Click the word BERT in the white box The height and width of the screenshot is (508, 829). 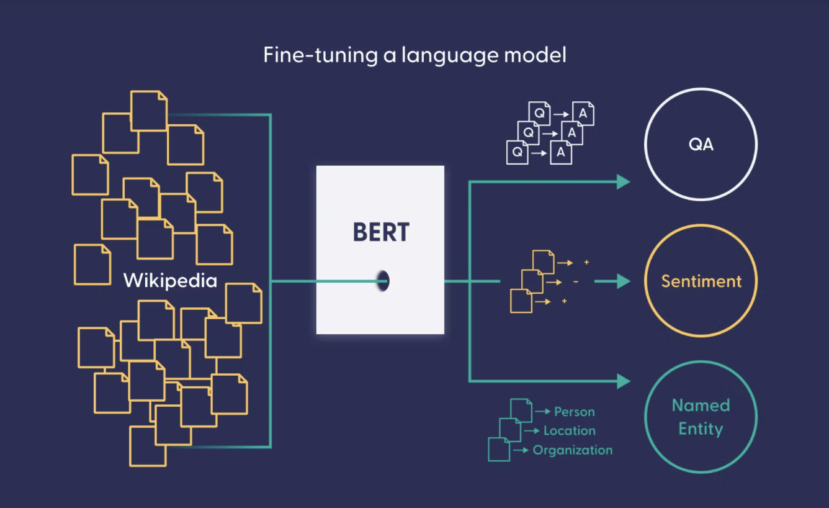click(x=381, y=232)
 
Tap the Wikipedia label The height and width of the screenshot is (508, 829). click(x=170, y=280)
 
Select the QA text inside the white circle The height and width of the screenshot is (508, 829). click(x=701, y=145)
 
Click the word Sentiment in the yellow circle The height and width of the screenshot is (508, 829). click(x=701, y=281)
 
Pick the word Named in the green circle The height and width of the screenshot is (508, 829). click(x=701, y=406)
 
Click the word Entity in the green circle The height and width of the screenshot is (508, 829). click(x=701, y=429)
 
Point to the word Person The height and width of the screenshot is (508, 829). click(x=574, y=412)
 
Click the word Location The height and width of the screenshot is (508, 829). click(x=569, y=430)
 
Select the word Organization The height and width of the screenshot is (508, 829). click(x=572, y=450)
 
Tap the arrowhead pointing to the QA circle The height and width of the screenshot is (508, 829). click(x=622, y=181)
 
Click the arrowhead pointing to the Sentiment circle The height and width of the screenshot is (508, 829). click(x=622, y=281)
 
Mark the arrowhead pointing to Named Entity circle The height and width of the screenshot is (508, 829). click(x=622, y=381)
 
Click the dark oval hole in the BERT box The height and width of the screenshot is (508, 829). click(x=383, y=281)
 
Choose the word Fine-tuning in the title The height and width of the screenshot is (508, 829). click(x=320, y=55)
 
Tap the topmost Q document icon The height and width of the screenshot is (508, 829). click(x=539, y=113)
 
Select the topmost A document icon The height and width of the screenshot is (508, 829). click(x=583, y=113)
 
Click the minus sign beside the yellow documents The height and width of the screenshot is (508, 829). click(x=576, y=282)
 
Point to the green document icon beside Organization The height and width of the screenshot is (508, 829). click(x=499, y=449)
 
